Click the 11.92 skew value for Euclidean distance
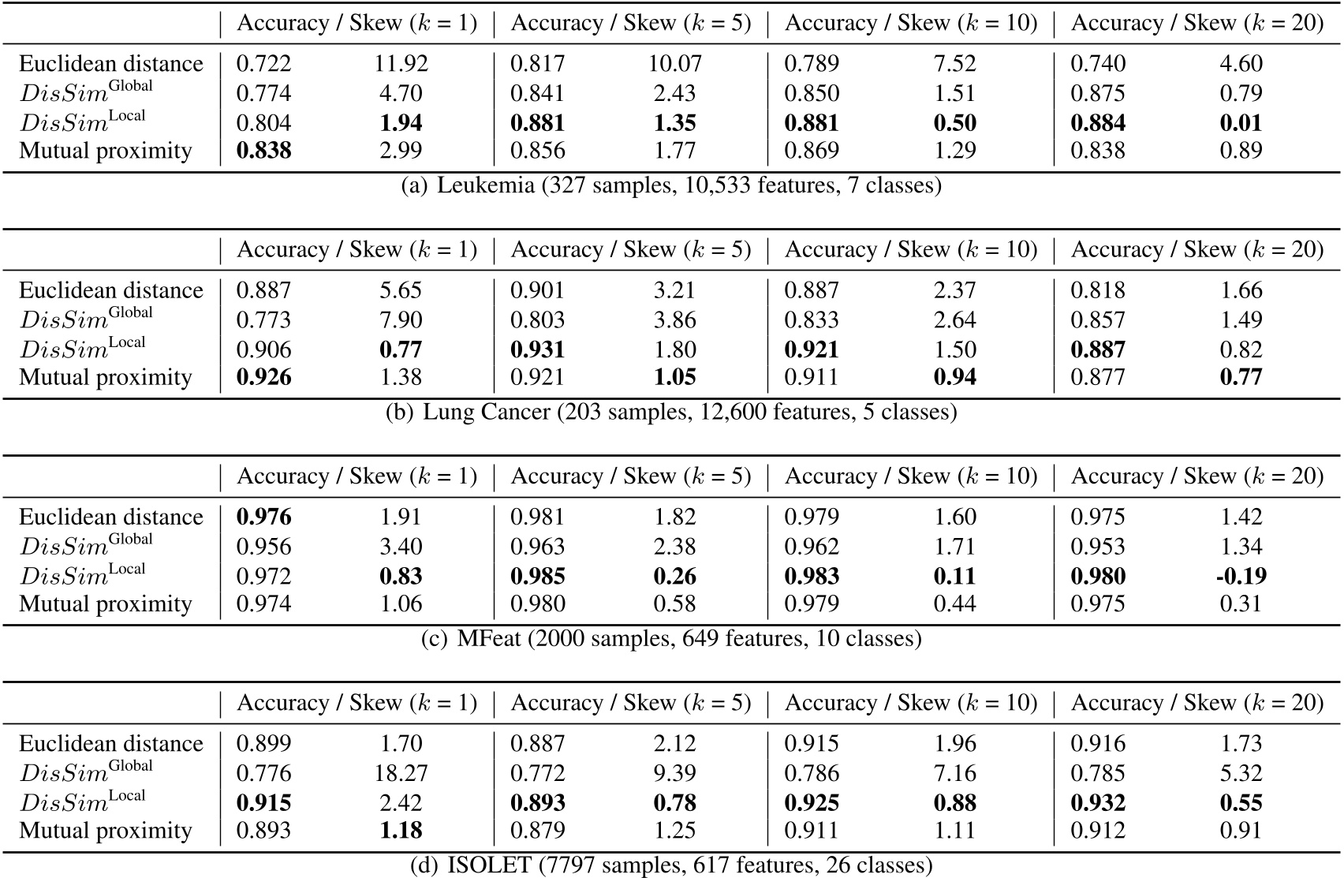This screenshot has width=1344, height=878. pyautogui.click(x=401, y=64)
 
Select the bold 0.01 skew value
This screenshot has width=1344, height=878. pyautogui.click(x=1241, y=123)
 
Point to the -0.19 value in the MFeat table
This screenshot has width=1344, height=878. pyautogui.click(x=1241, y=576)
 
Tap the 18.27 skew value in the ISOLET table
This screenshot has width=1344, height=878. pyautogui.click(x=401, y=773)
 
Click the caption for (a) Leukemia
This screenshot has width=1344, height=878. pyautogui.click(x=671, y=186)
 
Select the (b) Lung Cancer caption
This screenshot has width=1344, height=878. pyautogui.click(x=671, y=413)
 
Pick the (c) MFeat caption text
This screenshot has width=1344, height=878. pyautogui.click(x=671, y=638)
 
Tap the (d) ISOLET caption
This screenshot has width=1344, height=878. pyautogui.click(x=671, y=865)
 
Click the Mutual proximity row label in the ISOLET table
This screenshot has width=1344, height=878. pyautogui.click(x=106, y=831)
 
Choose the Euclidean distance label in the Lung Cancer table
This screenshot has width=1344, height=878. pyautogui.click(x=111, y=290)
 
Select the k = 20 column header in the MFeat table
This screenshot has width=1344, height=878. pyautogui.click(x=1197, y=476)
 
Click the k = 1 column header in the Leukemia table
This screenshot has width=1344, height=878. pyautogui.click(x=357, y=24)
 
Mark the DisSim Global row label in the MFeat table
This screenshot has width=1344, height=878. pyautogui.click(x=86, y=546)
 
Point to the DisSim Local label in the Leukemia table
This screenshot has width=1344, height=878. pyautogui.click(x=83, y=121)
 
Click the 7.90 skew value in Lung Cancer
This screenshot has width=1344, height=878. pyautogui.click(x=401, y=320)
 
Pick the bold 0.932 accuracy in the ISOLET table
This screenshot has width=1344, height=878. pyautogui.click(x=1098, y=803)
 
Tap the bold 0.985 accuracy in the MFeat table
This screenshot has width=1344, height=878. pyautogui.click(x=538, y=576)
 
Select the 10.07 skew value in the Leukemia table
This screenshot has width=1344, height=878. pyautogui.click(x=674, y=64)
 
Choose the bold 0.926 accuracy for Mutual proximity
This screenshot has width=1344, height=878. pyautogui.click(x=264, y=377)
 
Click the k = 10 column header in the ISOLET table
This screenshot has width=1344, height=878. pyautogui.click(x=911, y=703)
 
